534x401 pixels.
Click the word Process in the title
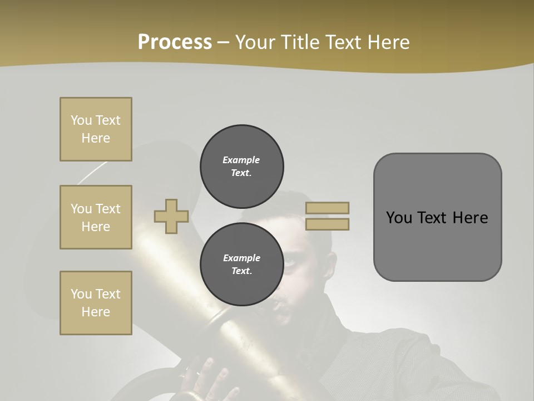point(175,42)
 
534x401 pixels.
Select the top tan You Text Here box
point(96,129)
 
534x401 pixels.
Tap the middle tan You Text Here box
point(96,217)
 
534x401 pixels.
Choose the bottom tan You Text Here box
point(96,303)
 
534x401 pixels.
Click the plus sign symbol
point(171,217)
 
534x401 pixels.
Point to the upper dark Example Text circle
point(241,167)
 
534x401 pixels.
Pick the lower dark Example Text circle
point(241,265)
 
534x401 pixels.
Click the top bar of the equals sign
point(327,208)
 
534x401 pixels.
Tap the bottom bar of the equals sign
point(327,224)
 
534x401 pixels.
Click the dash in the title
point(223,43)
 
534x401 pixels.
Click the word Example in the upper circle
point(241,160)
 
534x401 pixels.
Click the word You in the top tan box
point(81,120)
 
